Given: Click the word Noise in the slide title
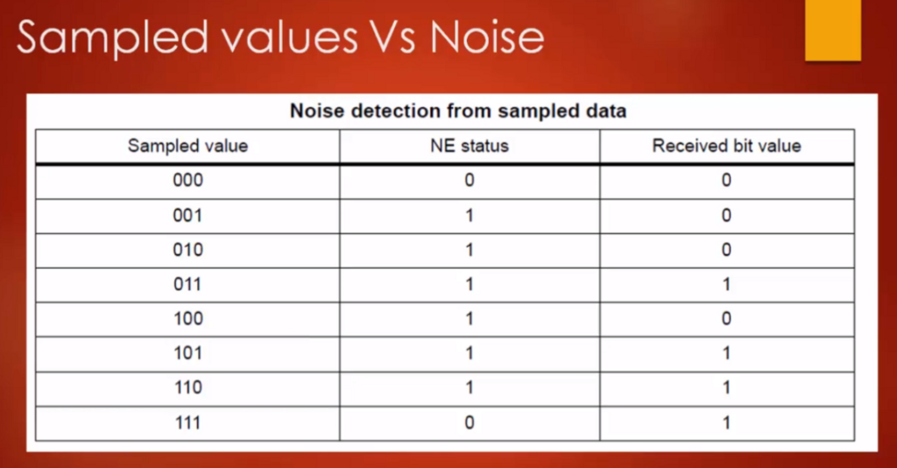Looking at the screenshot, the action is [487, 37].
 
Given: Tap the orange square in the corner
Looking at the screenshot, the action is [833, 30].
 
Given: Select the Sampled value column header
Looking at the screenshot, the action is [187, 145].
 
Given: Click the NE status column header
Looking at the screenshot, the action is [470, 145].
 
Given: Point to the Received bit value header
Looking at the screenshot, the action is [726, 145].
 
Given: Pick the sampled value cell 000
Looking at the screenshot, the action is [187, 181].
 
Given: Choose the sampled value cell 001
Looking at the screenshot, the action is [187, 215].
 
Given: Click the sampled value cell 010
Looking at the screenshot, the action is [187, 250].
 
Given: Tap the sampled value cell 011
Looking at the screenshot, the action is [187, 284].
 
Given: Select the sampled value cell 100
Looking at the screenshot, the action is [188, 318].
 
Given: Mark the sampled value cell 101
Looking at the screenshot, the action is [188, 352].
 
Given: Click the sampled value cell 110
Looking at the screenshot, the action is [188, 387].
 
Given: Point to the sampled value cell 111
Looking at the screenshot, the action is [187, 422].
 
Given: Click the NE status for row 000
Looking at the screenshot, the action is [470, 181].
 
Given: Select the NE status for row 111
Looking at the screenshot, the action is [470, 422].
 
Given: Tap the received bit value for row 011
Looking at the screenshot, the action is [726, 284].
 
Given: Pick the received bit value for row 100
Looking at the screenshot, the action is [726, 318].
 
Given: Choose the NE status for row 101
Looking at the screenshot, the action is [470, 352].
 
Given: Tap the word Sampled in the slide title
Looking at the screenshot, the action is [112, 39].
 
